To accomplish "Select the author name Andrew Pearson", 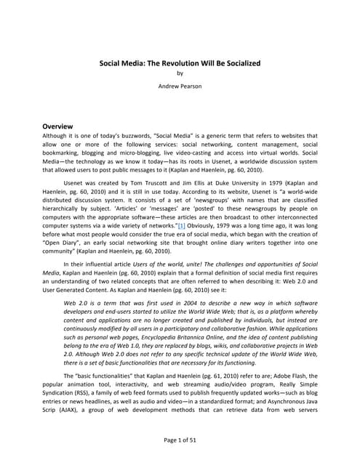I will point(180,85).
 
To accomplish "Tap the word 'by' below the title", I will point(180,73).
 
